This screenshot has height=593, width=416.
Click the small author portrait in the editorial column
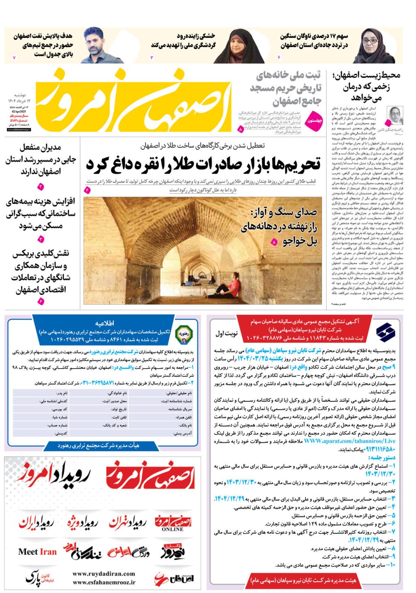coord(394,116)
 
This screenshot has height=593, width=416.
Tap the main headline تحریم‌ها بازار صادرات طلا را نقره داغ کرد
coord(203,165)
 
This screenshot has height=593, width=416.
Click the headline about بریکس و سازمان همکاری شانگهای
coord(41,271)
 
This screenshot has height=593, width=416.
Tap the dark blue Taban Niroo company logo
coord(385,331)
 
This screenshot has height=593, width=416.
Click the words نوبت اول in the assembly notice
coord(226,334)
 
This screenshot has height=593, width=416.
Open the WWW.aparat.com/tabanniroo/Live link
coord(349,441)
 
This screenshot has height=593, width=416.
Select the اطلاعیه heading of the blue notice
coord(104,323)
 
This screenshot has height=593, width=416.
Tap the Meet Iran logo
coord(37,552)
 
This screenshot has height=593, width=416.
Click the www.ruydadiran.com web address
coord(104,574)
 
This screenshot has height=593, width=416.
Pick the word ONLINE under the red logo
coord(173,529)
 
